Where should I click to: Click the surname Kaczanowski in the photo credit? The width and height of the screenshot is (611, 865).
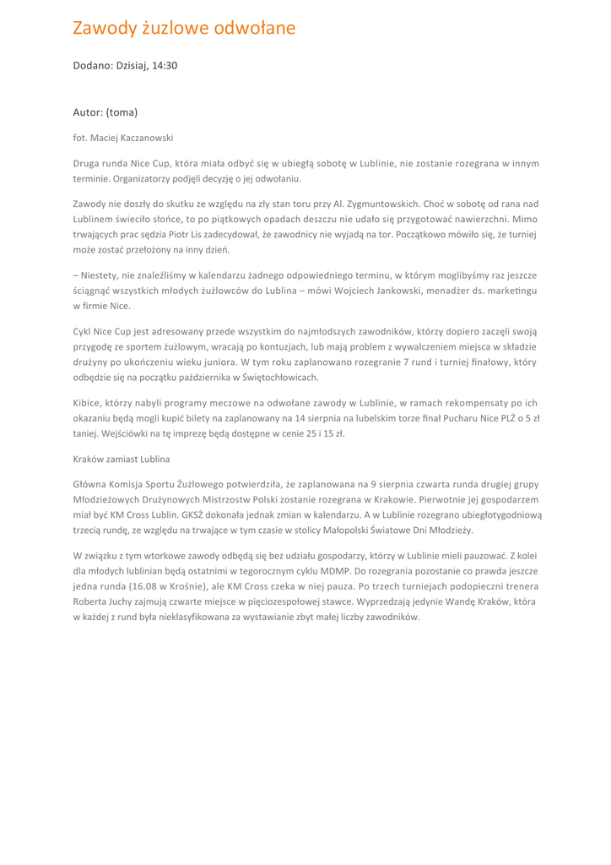click(x=141, y=136)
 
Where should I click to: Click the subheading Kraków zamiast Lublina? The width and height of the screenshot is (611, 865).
click(x=122, y=459)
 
